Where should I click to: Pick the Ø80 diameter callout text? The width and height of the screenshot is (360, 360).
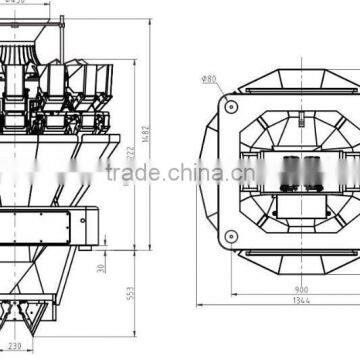click(208, 77)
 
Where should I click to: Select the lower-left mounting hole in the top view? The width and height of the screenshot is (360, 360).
click(231, 237)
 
